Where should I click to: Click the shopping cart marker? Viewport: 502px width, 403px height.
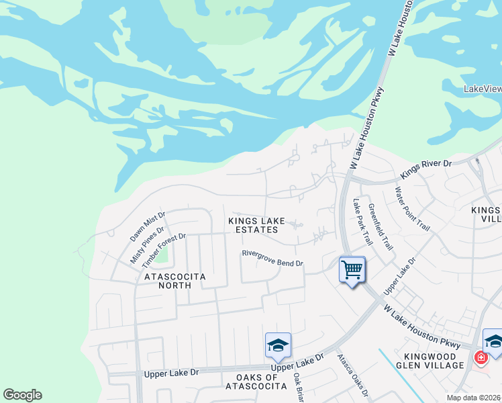352,270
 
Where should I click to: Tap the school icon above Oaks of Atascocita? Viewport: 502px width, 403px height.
278,346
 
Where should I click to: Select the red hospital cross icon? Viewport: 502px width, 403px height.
481,358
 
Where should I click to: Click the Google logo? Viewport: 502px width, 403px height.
22,395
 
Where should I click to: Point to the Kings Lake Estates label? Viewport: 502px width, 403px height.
256,225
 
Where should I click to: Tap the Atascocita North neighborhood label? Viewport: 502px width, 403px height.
165,281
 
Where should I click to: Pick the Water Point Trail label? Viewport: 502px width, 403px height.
411,209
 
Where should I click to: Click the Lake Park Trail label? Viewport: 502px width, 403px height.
362,221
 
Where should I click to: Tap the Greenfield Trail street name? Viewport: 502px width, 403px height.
380,227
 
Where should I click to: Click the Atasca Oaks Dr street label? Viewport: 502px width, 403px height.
353,375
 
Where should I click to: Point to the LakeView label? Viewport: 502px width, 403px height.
483,89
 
